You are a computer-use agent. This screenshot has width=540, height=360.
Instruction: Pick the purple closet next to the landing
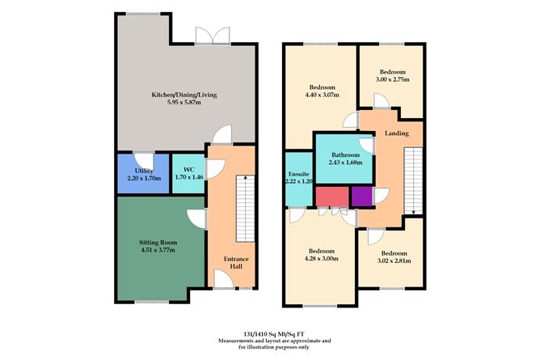tap(361, 196)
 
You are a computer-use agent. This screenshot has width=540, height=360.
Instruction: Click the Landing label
tap(397, 133)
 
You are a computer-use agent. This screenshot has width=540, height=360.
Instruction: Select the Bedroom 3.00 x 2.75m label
tap(391, 76)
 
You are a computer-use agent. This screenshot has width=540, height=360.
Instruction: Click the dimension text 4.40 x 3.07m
tap(321, 95)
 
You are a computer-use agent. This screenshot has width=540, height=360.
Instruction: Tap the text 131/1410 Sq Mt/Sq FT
tap(270, 332)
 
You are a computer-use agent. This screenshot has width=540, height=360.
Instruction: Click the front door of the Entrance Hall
tap(230, 287)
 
